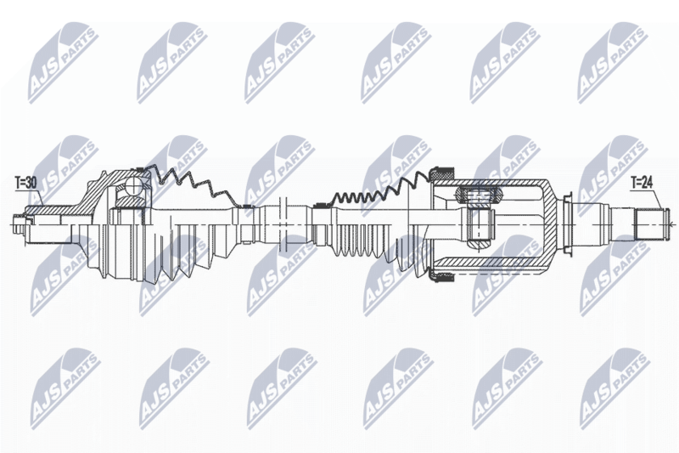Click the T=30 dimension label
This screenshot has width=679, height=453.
click(25, 184)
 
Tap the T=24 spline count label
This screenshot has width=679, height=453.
click(641, 184)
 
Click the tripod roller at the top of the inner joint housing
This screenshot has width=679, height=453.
click(477, 195)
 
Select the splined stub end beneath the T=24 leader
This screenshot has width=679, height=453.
click(649, 224)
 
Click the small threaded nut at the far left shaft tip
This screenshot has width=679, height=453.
click(19, 224)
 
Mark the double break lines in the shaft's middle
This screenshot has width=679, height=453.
click(283, 224)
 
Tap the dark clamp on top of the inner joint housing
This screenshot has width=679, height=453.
click(441, 173)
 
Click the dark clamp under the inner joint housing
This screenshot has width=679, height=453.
click(441, 276)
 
